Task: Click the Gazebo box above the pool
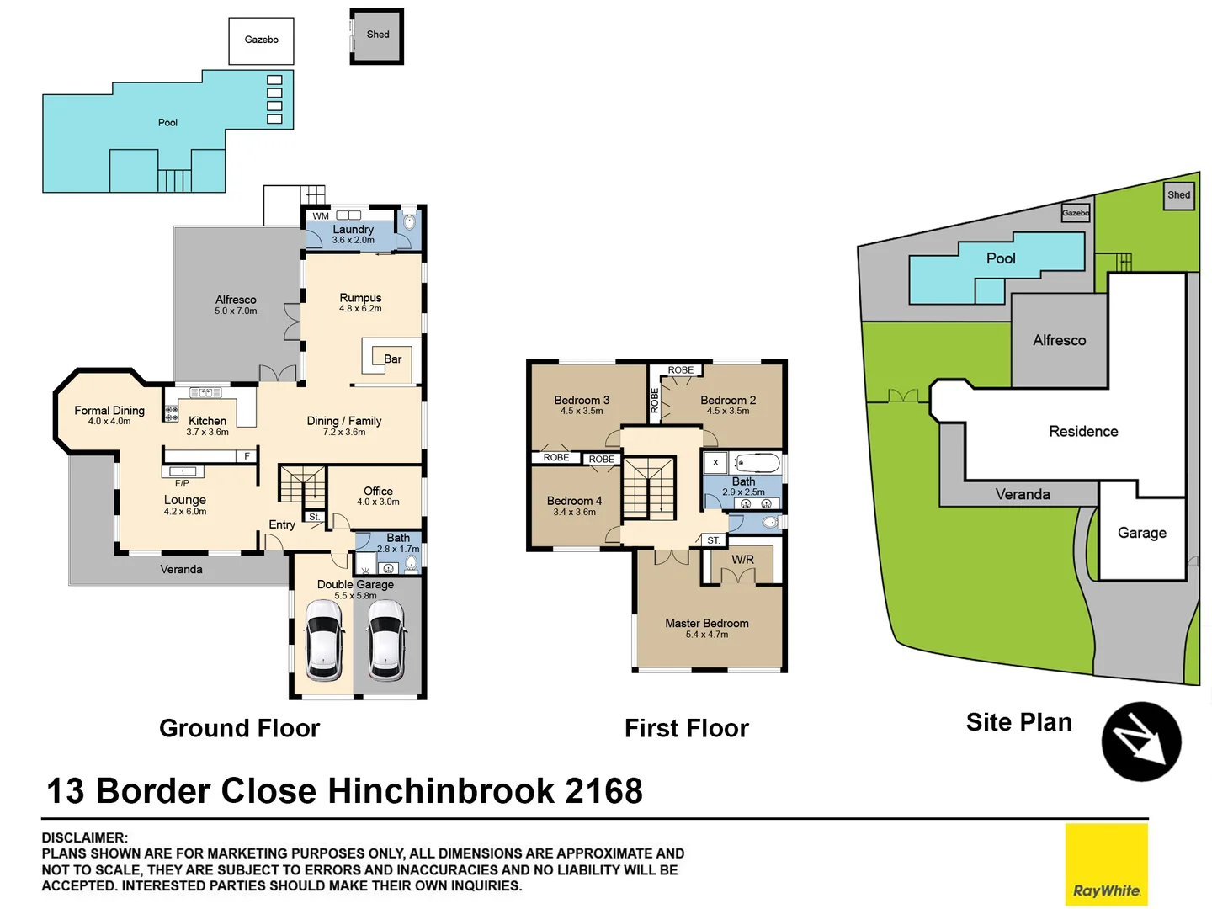pos(261,40)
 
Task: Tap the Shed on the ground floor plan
pos(377,35)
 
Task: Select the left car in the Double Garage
pos(324,640)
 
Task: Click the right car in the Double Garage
pos(387,640)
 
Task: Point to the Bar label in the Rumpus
pos(392,359)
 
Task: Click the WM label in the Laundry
pos(321,216)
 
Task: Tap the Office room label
pos(378,492)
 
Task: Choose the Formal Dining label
pos(109,411)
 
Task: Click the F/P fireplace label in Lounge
pos(182,484)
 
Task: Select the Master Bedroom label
pos(706,624)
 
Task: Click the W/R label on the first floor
pos(742,560)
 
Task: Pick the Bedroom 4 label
pos(574,501)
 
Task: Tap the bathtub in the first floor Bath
pos(757,463)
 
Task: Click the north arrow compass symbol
pos(1141,742)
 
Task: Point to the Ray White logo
pos(1106,864)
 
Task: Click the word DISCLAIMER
pos(85,837)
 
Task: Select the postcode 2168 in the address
pos(603,791)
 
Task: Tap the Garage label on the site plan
pos(1141,533)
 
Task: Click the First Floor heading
pos(686,728)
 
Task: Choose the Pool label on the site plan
pos(1001,258)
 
